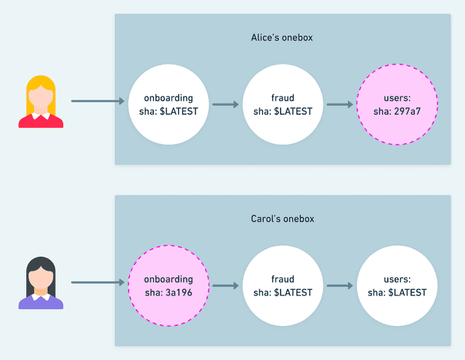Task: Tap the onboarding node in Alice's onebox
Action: point(168,105)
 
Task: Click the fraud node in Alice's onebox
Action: point(283,105)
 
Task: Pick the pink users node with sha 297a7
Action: point(397,105)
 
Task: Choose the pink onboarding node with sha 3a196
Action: point(168,285)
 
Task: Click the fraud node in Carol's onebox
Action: point(283,285)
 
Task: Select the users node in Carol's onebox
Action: point(397,285)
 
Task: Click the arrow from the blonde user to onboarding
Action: point(98,102)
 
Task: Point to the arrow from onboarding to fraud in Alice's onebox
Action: point(225,105)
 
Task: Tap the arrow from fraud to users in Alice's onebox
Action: point(340,105)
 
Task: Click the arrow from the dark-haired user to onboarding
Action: point(98,282)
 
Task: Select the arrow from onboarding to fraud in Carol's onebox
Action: point(225,285)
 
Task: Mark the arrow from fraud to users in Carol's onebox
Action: point(340,285)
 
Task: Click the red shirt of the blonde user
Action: point(41,120)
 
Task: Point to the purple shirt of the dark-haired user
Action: point(41,302)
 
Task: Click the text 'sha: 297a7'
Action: point(397,111)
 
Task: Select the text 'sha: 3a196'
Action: point(168,292)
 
